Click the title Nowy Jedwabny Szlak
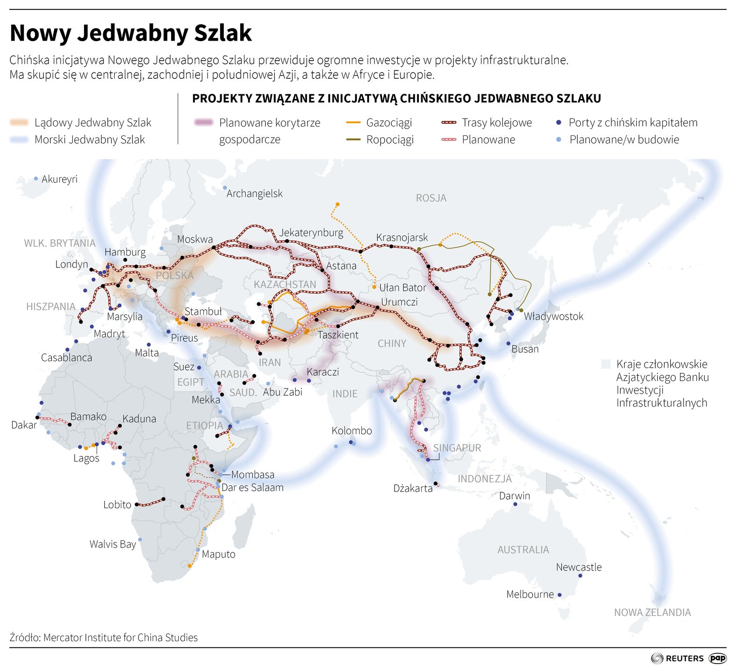click(x=131, y=33)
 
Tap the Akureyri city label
click(x=59, y=179)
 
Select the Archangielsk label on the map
click(x=254, y=194)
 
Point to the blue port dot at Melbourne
click(x=560, y=595)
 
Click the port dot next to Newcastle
click(x=580, y=576)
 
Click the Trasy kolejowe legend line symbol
click(x=449, y=123)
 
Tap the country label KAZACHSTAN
click(x=285, y=285)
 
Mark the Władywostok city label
click(x=553, y=316)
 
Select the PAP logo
click(x=717, y=658)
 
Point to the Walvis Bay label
click(x=112, y=544)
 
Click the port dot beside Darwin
click(x=515, y=504)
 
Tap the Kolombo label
click(x=352, y=431)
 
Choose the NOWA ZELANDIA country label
click(x=652, y=613)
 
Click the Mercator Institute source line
click(x=104, y=638)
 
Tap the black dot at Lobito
click(x=137, y=505)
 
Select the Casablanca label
click(x=66, y=358)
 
